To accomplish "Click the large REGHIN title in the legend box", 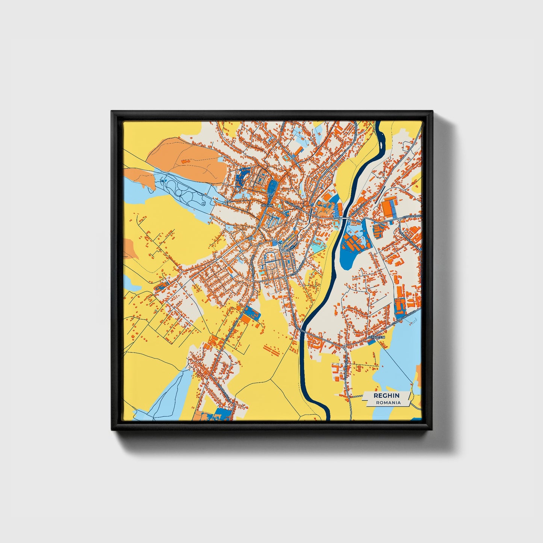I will coord(386,395).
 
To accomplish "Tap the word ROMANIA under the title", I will coord(388,402).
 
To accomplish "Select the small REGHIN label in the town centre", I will coord(267,205).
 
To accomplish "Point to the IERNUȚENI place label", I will coord(377,337).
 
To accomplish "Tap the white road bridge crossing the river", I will coord(341,218).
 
